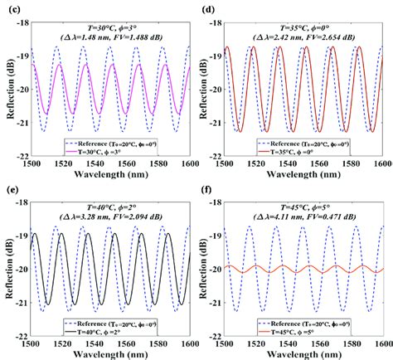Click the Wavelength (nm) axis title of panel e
[x=111, y=355]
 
